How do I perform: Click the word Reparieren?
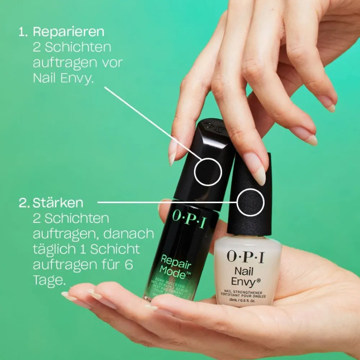click(x=68, y=32)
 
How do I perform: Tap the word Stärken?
click(x=58, y=203)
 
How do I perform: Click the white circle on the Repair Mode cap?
click(x=207, y=172)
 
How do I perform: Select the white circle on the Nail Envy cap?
click(x=251, y=202)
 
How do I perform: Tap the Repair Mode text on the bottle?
click(x=176, y=265)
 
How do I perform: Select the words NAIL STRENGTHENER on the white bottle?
click(x=245, y=293)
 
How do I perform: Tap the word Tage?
click(x=47, y=280)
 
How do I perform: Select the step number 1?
click(x=23, y=32)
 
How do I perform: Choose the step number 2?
click(x=24, y=203)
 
